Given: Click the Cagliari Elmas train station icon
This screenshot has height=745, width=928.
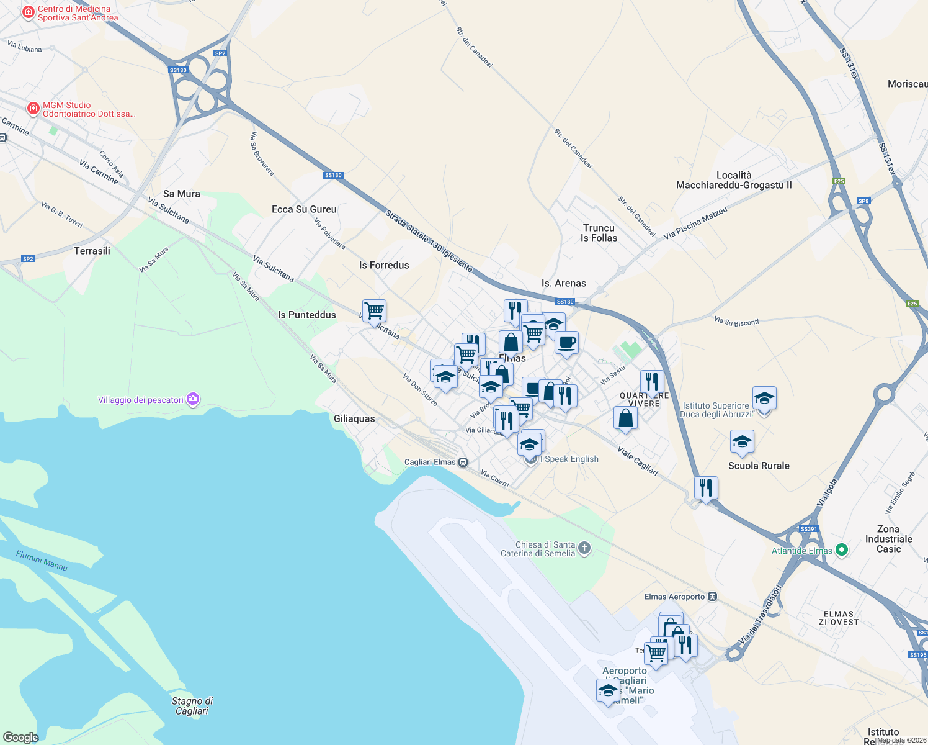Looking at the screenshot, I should (x=463, y=462).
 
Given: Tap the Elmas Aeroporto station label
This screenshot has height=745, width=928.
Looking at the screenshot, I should (x=674, y=597).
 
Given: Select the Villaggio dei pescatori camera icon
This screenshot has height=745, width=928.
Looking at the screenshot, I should (x=193, y=399).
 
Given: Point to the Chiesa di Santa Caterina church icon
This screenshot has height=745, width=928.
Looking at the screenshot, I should (x=584, y=548).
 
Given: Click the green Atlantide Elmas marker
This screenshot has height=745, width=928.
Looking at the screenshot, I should (x=841, y=550).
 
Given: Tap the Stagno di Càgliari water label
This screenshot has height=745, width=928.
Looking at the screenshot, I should (x=192, y=706).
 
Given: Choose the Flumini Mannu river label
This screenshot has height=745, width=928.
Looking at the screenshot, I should (x=42, y=561).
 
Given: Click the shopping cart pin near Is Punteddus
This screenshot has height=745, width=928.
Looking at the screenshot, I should (x=375, y=310).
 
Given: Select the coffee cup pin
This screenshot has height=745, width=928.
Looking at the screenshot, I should (x=566, y=342).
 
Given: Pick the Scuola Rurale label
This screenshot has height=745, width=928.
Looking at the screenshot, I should (x=759, y=466).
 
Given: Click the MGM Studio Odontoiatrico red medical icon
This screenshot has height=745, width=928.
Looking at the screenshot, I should (x=33, y=109).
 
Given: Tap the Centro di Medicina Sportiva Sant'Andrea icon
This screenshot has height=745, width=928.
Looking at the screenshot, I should (x=28, y=12).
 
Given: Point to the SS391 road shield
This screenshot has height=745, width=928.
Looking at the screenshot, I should (x=809, y=529).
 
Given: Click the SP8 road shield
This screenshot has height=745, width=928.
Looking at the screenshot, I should (x=863, y=201).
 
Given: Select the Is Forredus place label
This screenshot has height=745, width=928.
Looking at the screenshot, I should (x=384, y=265).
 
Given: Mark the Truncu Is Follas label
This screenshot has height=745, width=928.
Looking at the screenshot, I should (x=599, y=233).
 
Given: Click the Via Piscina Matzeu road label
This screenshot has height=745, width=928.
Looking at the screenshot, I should (x=695, y=223).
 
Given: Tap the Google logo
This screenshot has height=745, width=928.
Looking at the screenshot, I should (x=20, y=737).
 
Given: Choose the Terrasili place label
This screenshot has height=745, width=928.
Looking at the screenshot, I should (x=92, y=251).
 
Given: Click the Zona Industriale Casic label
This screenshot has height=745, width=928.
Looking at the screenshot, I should (x=888, y=539).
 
